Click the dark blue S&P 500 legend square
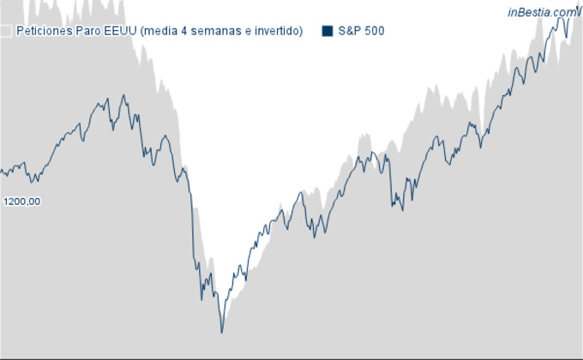coord(327,32)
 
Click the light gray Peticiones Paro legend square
coord(6,32)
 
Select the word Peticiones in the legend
coord(41,32)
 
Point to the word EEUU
coord(117,32)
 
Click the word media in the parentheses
coord(161,32)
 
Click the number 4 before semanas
coord(183,32)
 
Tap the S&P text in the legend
coord(349,32)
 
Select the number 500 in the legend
coord(375,32)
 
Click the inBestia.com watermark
coord(542,12)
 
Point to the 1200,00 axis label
coord(22,202)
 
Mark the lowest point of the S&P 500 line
coord(222,333)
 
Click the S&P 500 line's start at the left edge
coord(2,172)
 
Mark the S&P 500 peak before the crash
coord(123,95)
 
